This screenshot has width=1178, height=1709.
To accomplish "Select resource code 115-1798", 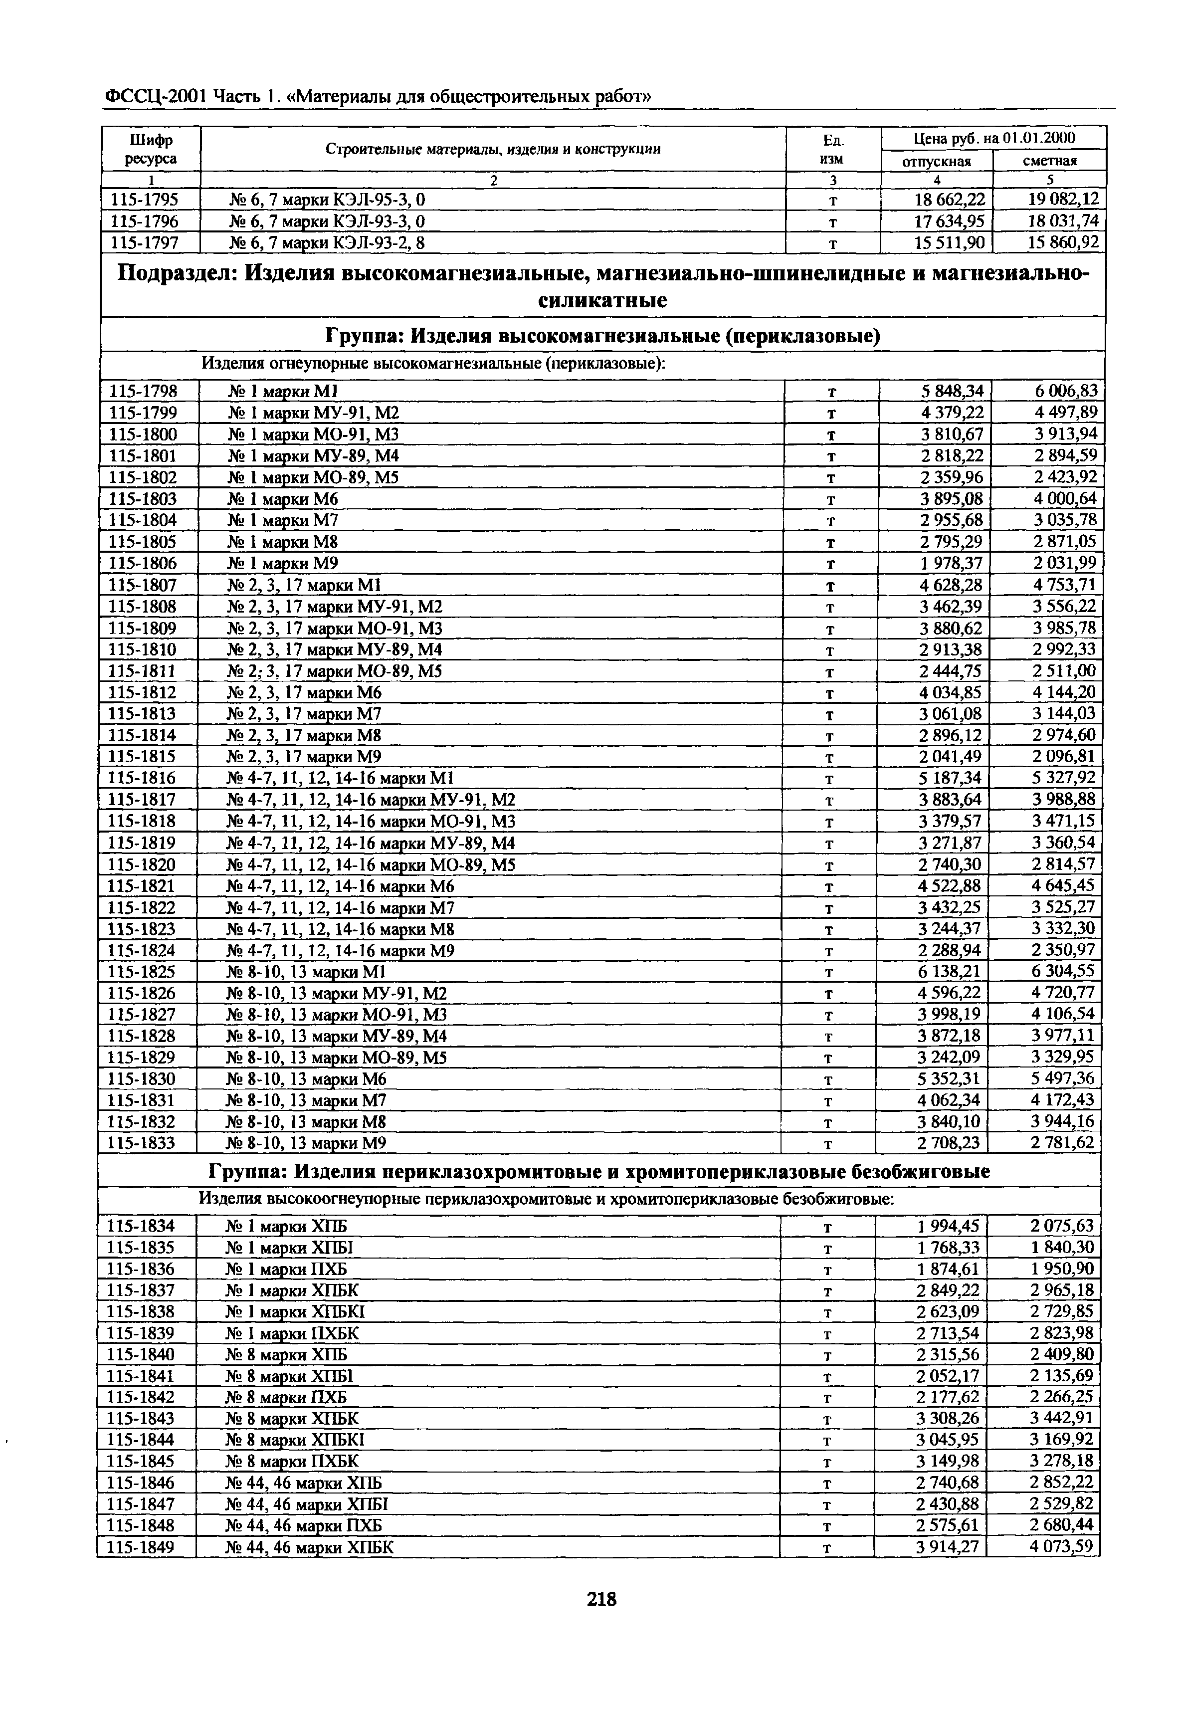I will coord(143,391).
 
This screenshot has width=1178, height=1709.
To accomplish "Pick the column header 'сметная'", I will coord(1049,161).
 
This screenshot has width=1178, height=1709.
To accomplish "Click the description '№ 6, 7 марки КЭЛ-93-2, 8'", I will coord(327,243).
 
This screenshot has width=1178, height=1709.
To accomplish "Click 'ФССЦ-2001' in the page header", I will coord(156,97).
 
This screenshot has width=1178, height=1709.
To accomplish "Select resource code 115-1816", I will coord(143,778).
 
